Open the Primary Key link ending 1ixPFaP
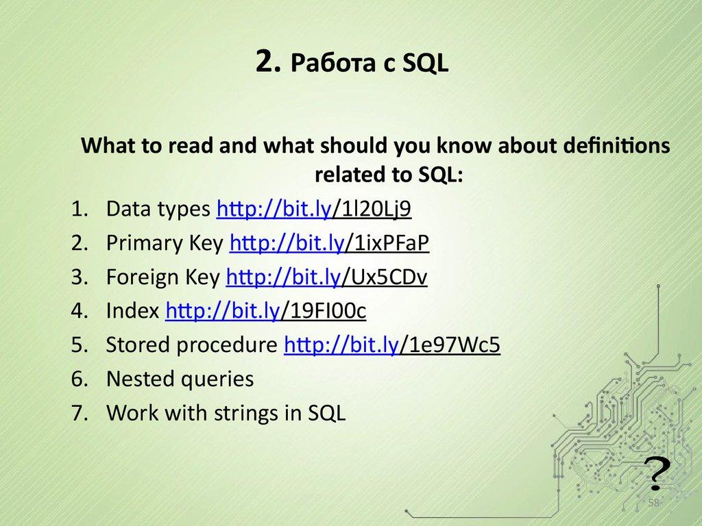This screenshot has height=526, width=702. (330, 242)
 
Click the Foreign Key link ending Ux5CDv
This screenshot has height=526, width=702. (326, 277)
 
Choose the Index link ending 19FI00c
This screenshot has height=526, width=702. (266, 311)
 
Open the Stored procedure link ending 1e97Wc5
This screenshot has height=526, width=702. (391, 345)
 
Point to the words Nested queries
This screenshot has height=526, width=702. (180, 379)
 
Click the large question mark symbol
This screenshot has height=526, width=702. (656, 471)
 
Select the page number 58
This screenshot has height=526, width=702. (653, 503)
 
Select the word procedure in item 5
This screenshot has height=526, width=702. (226, 346)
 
